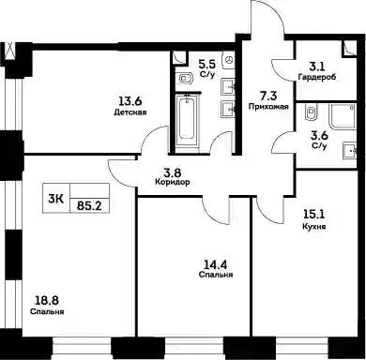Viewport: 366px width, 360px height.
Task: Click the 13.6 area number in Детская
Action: (130, 101)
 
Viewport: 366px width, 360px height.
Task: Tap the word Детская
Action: (130, 112)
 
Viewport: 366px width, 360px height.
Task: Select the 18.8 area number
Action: (46, 301)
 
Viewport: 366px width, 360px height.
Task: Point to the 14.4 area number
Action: (216, 265)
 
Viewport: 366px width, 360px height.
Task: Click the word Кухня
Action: (314, 226)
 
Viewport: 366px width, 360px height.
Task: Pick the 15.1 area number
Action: (314, 215)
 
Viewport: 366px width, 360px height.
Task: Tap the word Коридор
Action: (173, 182)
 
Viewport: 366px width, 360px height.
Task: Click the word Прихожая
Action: (268, 107)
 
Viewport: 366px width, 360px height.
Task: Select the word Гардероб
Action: (317, 77)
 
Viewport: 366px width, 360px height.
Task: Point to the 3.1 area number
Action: (317, 66)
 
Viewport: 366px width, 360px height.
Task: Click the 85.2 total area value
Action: (89, 205)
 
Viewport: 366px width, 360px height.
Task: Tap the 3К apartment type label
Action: (56, 199)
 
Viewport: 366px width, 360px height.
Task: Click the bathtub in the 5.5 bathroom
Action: (187, 122)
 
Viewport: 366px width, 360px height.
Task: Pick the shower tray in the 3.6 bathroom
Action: (343, 116)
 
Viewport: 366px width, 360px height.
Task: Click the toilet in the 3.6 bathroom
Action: (311, 112)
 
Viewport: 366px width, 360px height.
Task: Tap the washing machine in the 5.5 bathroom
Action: (229, 59)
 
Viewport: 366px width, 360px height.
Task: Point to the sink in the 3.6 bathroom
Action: (350, 151)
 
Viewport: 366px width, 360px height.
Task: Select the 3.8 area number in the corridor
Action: (173, 172)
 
